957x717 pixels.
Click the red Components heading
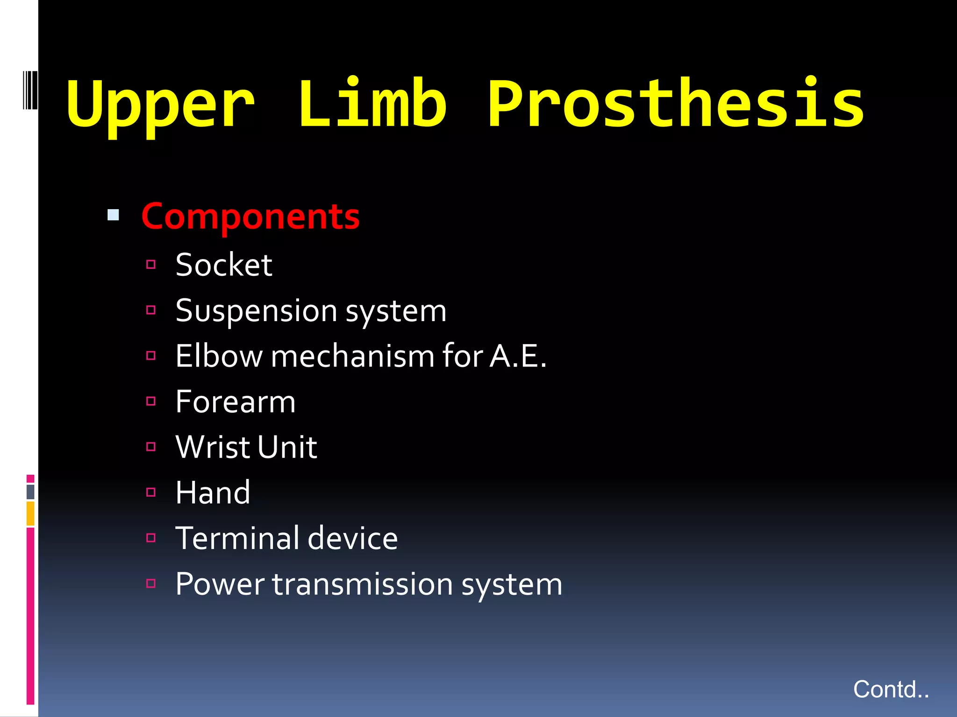click(x=250, y=217)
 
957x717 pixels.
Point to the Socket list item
click(x=224, y=265)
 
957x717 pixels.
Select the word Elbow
click(x=219, y=356)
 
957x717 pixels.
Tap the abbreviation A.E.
click(x=518, y=356)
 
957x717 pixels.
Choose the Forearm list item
click(x=236, y=402)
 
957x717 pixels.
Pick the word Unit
click(x=287, y=447)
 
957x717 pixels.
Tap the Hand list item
click(x=213, y=493)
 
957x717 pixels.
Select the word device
click(x=353, y=538)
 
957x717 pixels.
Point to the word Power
click(x=220, y=584)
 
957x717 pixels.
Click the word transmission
click(x=363, y=584)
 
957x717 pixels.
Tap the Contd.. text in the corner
click(x=891, y=689)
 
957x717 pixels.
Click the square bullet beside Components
click(x=113, y=215)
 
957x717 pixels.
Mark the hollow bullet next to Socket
click(x=150, y=265)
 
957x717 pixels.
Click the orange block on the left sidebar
click(x=30, y=513)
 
